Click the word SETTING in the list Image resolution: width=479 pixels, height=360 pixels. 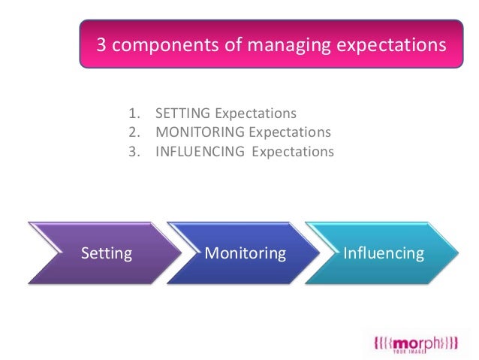[183, 114]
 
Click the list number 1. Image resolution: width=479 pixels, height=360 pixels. [134, 114]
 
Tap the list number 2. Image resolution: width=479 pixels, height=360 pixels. [134, 132]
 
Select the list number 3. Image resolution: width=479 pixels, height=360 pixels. [134, 151]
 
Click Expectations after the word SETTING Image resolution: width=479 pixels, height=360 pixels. [256, 114]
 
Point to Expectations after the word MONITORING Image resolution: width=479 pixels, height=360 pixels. [290, 132]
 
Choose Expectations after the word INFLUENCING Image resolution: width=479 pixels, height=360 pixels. [293, 151]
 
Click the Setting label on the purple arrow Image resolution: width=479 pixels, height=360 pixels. [106, 253]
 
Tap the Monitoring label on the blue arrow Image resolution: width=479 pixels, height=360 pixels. [246, 253]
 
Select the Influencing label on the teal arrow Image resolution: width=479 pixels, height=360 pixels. [383, 253]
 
